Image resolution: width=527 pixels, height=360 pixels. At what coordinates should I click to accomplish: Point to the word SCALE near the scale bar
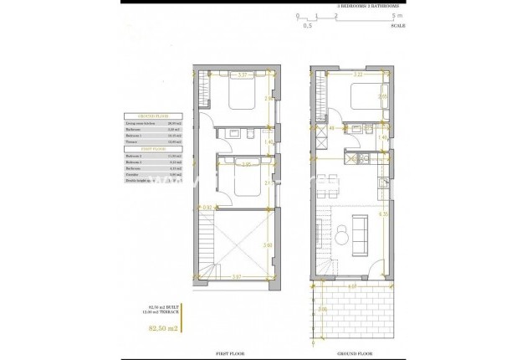(x=398, y=26)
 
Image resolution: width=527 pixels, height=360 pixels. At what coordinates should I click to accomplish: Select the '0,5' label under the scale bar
(x=307, y=26)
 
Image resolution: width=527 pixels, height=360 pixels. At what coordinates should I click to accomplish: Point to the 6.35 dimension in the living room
(x=382, y=214)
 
